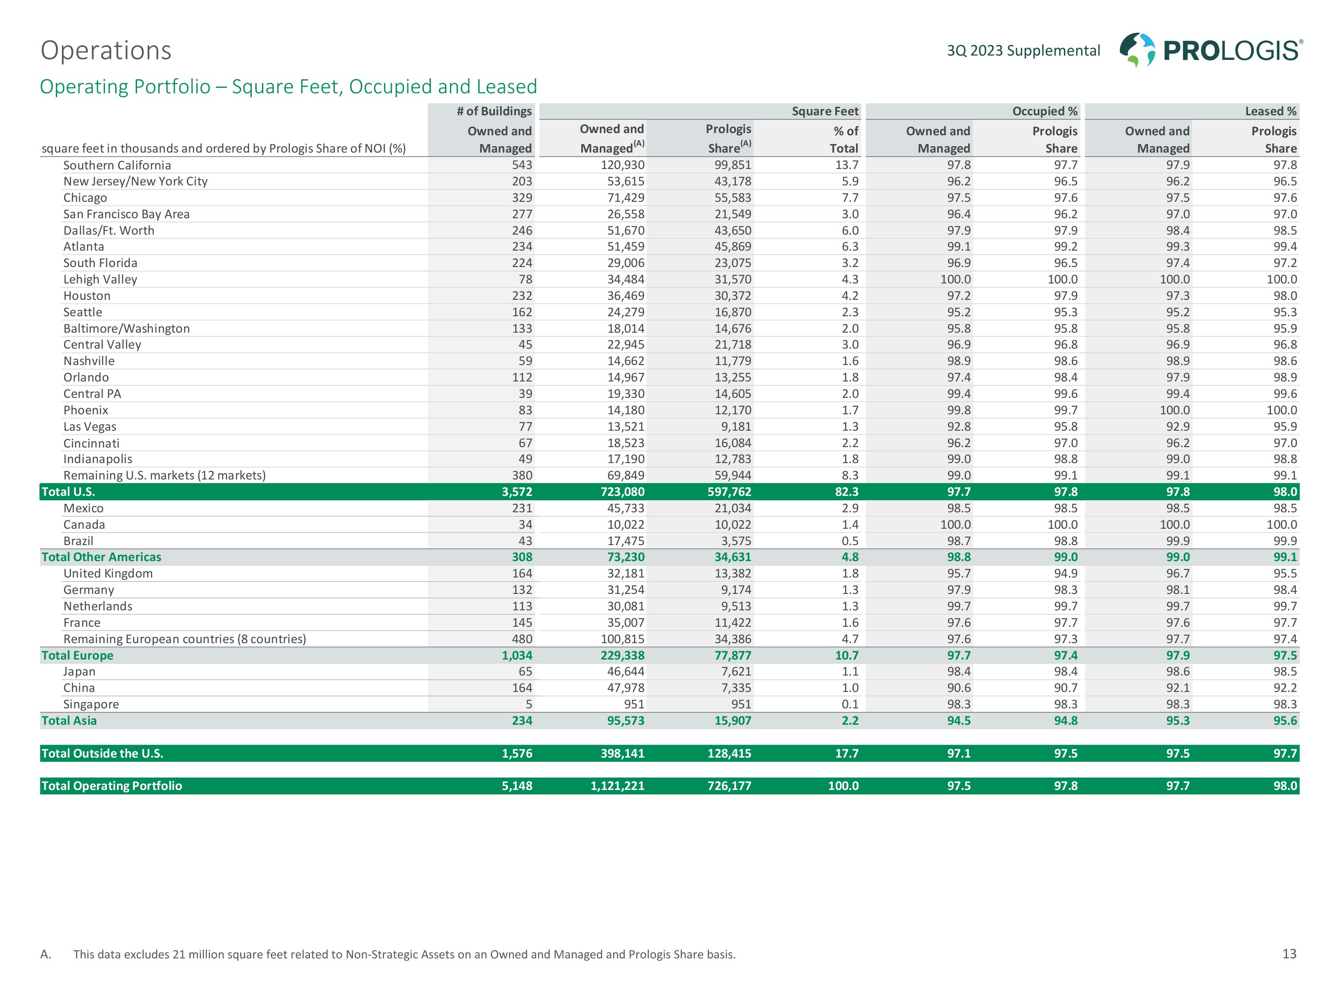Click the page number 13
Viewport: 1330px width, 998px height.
(x=1289, y=954)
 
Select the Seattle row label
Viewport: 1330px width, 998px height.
(x=83, y=312)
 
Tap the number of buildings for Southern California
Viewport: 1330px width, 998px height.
(x=522, y=165)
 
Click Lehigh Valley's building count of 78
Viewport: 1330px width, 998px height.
(x=525, y=279)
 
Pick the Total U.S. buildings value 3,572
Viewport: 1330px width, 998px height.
(x=517, y=491)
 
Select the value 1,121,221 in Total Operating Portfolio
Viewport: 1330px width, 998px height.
(x=617, y=786)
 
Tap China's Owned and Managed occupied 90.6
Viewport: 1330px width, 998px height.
(x=958, y=688)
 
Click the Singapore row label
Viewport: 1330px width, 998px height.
(x=91, y=704)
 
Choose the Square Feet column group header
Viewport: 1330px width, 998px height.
(x=825, y=111)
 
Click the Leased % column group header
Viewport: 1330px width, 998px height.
(x=1271, y=111)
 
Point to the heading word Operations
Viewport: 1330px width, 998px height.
(x=106, y=51)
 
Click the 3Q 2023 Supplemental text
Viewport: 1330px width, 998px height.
(x=1023, y=51)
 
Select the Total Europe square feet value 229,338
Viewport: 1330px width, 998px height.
(x=622, y=655)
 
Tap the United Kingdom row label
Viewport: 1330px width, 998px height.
(x=108, y=573)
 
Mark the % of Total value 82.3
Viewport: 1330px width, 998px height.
(x=847, y=491)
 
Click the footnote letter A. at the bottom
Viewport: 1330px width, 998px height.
(x=46, y=954)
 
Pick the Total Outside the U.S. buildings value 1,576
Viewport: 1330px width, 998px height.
(x=517, y=753)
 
